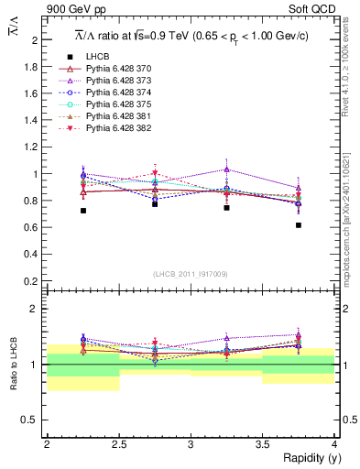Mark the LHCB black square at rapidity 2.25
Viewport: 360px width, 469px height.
click(x=83, y=211)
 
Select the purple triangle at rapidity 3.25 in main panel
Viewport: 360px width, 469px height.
click(x=226, y=169)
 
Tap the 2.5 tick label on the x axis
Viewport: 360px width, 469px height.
click(x=119, y=444)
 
